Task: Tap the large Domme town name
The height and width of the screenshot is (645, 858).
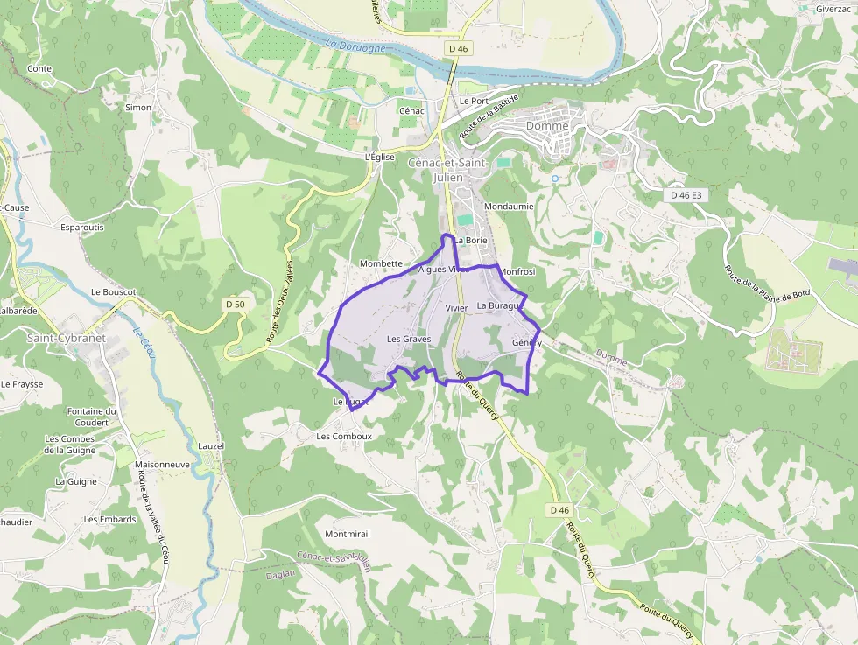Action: (x=547, y=126)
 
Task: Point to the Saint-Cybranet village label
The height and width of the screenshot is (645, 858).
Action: (x=66, y=338)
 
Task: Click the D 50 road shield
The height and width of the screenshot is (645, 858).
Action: (x=235, y=304)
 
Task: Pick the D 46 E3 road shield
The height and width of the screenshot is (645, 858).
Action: (x=686, y=195)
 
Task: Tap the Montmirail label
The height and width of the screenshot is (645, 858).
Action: (x=348, y=534)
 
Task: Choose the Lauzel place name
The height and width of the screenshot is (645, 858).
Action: (x=211, y=445)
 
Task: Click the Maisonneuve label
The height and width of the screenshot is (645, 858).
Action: (x=163, y=464)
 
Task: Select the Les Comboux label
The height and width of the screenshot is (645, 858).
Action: (x=344, y=436)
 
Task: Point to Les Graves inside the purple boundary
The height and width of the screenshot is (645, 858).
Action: (x=409, y=339)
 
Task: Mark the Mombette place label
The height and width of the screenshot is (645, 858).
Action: (x=381, y=263)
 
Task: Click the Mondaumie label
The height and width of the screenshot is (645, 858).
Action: (x=509, y=207)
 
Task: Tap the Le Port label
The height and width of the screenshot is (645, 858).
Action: (x=474, y=102)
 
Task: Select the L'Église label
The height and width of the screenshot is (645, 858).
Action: (x=381, y=158)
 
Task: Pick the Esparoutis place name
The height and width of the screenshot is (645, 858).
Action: (x=82, y=227)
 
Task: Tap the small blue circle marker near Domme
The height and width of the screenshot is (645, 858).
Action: (x=554, y=179)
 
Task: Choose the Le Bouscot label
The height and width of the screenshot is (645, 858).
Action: (x=113, y=291)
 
